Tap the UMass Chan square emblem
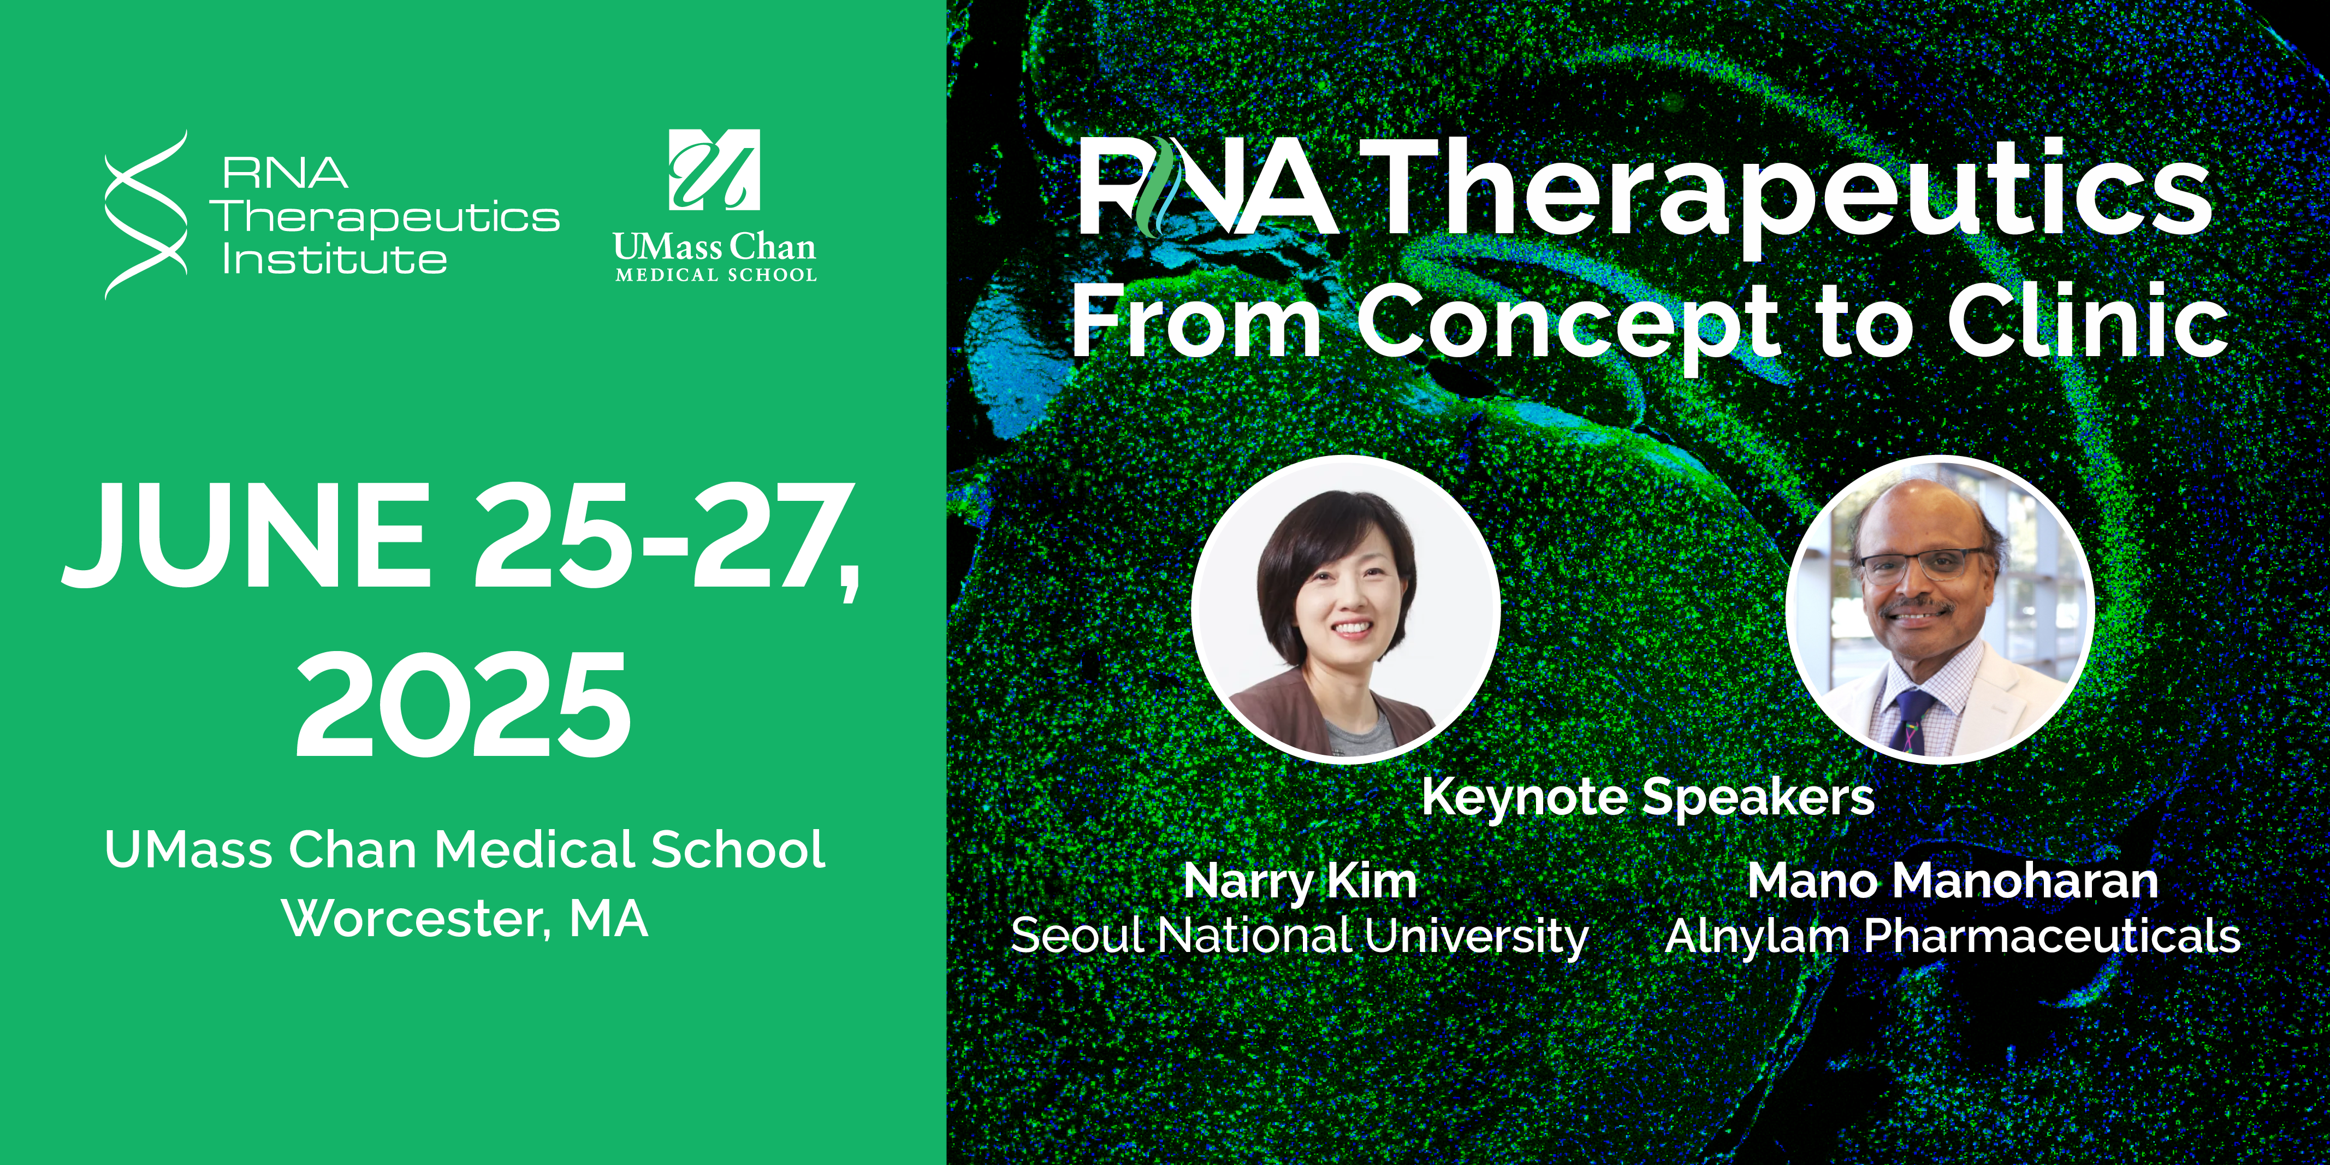click(x=714, y=170)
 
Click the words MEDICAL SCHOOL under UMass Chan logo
click(x=715, y=274)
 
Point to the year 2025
click(x=463, y=703)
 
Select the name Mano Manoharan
click(x=1953, y=880)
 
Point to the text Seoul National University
click(x=1300, y=935)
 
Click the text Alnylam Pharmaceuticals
click(x=1953, y=935)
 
